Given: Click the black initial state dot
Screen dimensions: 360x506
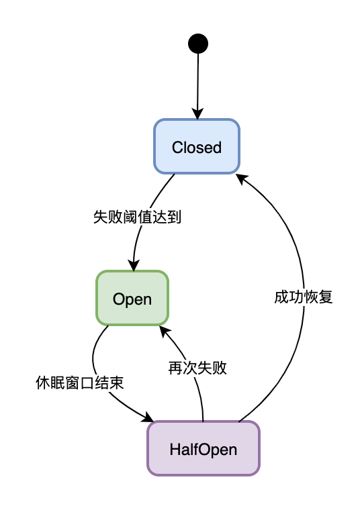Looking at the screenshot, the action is pos(198,44).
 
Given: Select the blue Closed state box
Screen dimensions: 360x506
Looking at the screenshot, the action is pos(197,146).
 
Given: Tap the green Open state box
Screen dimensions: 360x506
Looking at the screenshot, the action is pos(132,298).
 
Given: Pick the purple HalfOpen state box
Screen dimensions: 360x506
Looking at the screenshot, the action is pos(204,448).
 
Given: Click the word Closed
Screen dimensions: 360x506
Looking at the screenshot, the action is pos(197,148).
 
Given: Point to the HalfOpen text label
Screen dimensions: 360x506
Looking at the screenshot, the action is pos(204,450).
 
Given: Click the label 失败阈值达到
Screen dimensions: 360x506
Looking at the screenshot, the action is pos(137,217).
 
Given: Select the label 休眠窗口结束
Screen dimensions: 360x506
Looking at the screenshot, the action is pos(80,383).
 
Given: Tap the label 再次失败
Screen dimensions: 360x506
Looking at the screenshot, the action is pos(197,368).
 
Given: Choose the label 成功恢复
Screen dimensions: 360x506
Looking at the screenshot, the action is pos(304,297).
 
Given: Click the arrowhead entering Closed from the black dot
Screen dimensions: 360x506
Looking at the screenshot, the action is pos(197,114).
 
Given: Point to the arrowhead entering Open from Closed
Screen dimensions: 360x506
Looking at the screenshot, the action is pos(134,265).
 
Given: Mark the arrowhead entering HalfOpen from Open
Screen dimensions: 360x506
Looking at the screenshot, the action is pos(149,417).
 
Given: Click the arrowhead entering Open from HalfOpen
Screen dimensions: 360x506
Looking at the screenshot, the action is pos(165,332).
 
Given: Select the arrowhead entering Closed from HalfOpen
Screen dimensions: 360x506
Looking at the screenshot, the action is pos(242,179).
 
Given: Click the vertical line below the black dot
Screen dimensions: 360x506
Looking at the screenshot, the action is pos(198,81).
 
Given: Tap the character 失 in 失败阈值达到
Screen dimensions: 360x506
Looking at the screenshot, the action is pos(100,217).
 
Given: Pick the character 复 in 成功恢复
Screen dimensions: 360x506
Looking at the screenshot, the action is pos(326,297).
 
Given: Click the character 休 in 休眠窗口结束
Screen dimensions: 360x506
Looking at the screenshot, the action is pos(43,383).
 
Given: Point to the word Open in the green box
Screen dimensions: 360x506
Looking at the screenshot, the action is pos(132,299).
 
